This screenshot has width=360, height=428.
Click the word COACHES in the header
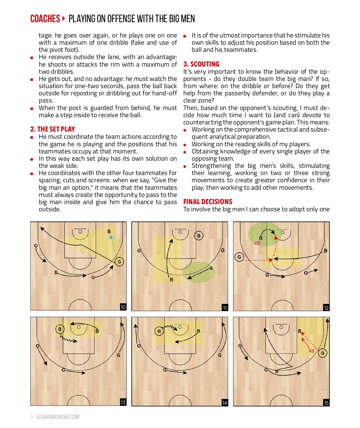click(x=45, y=19)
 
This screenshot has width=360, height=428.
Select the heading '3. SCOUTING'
click(x=201, y=64)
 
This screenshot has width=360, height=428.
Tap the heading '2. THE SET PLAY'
click(x=52, y=129)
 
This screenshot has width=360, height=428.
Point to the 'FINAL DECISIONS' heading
click(x=208, y=202)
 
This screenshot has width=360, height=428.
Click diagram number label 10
click(x=123, y=307)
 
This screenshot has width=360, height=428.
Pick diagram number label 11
click(x=225, y=308)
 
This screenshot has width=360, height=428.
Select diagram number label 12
click(x=326, y=308)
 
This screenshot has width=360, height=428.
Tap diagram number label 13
click(x=123, y=402)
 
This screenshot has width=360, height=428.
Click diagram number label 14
click(x=225, y=403)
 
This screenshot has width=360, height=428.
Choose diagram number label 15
click(x=326, y=403)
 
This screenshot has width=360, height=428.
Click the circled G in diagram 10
click(x=119, y=262)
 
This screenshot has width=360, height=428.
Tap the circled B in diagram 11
click(x=199, y=236)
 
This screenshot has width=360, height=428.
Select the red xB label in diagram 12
click(x=257, y=243)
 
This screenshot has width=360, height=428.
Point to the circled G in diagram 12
click(x=239, y=257)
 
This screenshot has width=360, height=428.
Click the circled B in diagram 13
click(x=60, y=329)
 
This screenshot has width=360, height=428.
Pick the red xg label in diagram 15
click(x=311, y=350)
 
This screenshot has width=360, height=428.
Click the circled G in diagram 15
click(x=322, y=353)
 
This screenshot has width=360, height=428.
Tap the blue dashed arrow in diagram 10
click(x=113, y=246)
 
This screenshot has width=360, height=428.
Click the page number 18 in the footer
click(x=32, y=417)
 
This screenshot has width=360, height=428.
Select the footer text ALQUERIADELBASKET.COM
click(x=58, y=417)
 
